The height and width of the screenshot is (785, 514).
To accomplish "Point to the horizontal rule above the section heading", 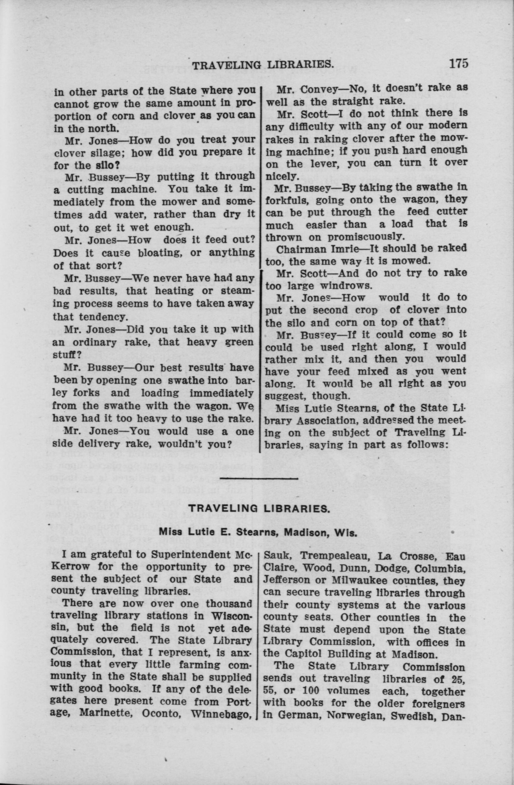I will point(259,478).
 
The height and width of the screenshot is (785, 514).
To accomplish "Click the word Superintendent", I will point(189,555).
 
